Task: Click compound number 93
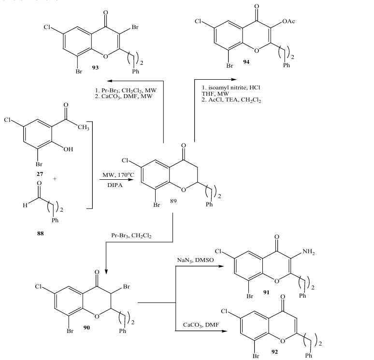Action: [x=95, y=68]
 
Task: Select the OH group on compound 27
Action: [x=68, y=149]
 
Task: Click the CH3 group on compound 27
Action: [x=83, y=128]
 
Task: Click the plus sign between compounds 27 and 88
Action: [x=55, y=178]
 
